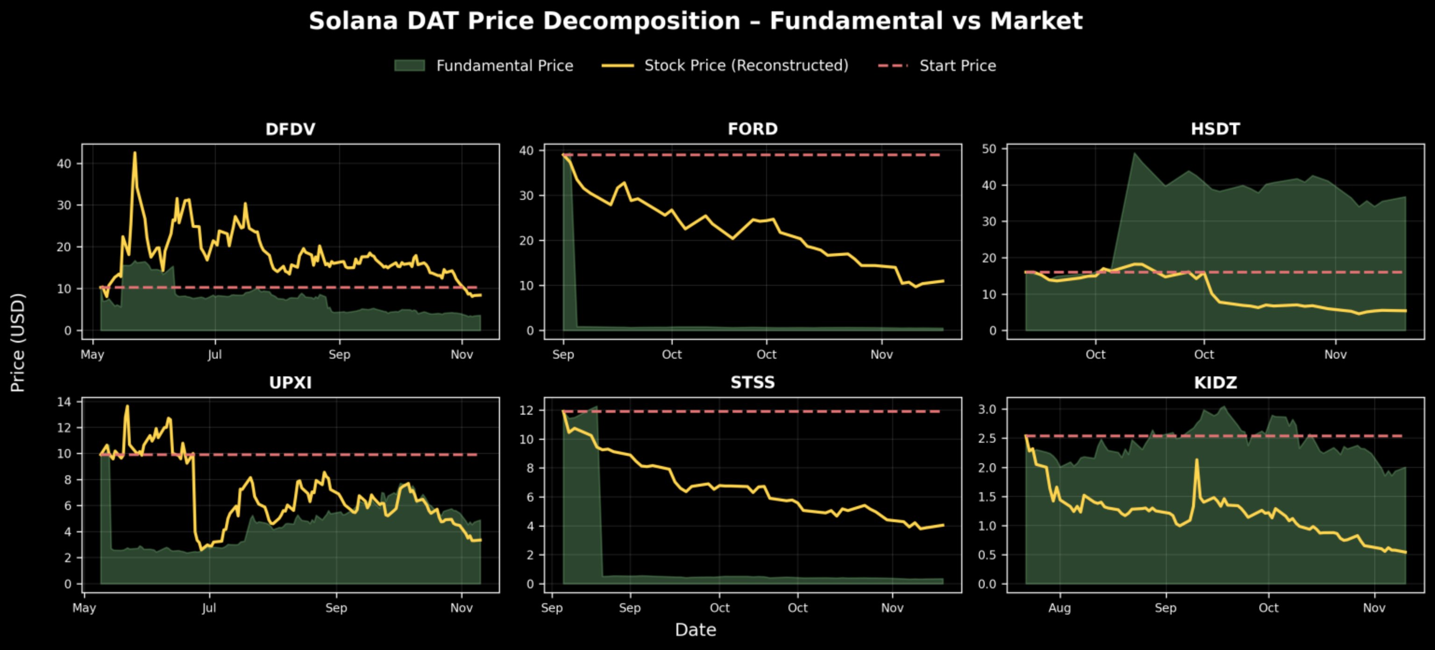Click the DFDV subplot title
click(290, 129)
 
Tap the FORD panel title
click(753, 129)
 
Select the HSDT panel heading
click(1215, 129)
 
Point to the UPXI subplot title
click(290, 382)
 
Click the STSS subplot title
click(753, 382)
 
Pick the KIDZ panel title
click(1215, 382)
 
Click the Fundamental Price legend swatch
click(410, 66)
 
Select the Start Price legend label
click(958, 66)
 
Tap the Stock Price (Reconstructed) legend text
click(746, 66)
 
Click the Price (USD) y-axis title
click(18, 343)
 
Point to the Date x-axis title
click(695, 630)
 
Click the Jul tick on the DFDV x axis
click(214, 355)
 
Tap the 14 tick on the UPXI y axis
click(64, 402)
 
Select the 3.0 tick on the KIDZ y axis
click(987, 410)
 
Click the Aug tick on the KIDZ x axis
click(1059, 608)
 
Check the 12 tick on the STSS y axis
click(526, 410)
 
